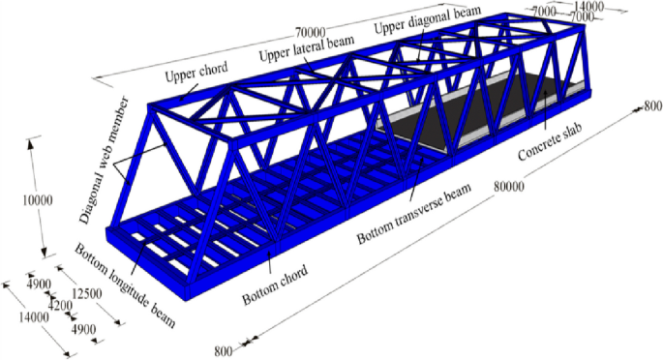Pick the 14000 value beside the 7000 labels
pyautogui.click(x=613, y=7)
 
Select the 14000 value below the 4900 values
pyautogui.click(x=33, y=316)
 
